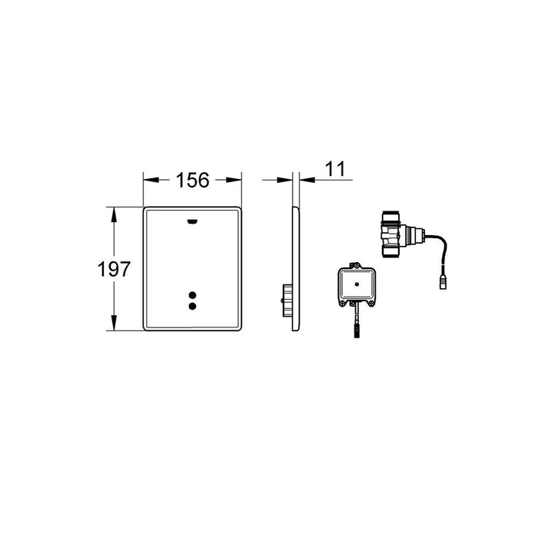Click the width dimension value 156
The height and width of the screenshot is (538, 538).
point(193,181)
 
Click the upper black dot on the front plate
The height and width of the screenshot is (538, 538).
point(192,295)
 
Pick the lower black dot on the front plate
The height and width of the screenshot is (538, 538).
point(192,307)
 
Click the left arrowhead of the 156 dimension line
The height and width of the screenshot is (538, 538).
point(147,181)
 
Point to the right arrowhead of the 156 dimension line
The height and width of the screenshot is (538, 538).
point(237,181)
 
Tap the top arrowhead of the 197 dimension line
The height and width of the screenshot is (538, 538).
point(115,211)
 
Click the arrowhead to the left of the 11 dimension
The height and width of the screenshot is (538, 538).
point(287,181)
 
